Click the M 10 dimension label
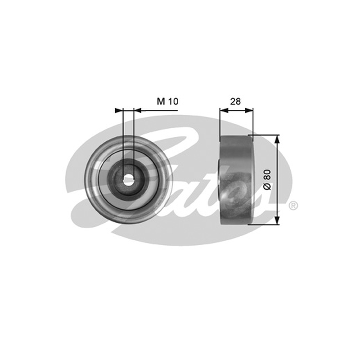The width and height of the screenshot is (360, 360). pos(167,101)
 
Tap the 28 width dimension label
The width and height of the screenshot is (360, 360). pos(235,101)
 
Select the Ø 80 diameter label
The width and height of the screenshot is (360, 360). pos(267,180)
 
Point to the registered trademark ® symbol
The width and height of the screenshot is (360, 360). pos(293,205)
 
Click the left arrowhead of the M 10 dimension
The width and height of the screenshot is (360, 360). pos(119,110)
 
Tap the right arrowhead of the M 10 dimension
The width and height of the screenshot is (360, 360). pos(138,110)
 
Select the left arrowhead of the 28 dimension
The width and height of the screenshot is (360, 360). pos(224,110)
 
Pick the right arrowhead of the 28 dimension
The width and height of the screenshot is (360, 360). pos(249,110)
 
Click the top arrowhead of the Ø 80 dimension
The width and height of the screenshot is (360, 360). pos(277,139)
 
